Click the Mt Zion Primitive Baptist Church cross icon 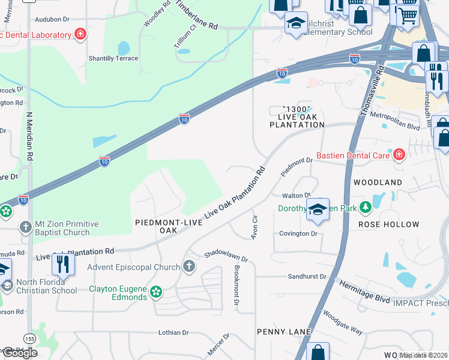25,227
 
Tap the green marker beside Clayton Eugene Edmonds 157,292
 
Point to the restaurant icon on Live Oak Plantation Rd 63,263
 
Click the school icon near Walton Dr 318,209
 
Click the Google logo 20,353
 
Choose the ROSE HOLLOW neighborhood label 388,224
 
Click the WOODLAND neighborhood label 378,182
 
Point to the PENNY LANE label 284,332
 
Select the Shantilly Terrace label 113,58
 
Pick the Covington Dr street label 298,233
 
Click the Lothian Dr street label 173,332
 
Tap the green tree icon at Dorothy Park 364,208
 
